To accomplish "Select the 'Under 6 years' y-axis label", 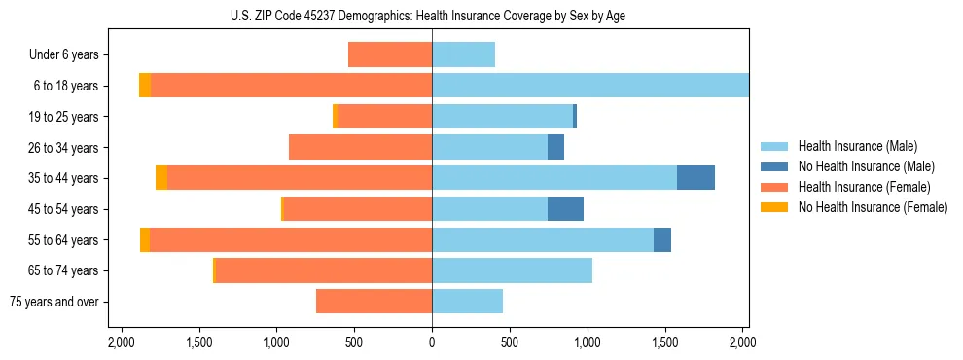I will (x=69, y=55).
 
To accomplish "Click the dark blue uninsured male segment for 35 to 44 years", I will (x=695, y=178).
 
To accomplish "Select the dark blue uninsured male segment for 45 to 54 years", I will (x=565, y=209).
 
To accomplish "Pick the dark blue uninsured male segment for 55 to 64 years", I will (x=661, y=240).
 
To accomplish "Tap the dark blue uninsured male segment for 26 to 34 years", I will (x=555, y=148).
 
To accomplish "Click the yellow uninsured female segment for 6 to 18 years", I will (x=145, y=86).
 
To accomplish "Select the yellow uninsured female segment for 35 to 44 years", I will (x=161, y=178).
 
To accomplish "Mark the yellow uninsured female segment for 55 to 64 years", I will (x=145, y=240).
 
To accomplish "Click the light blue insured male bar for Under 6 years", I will (x=463, y=55).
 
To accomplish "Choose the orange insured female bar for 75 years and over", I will (x=374, y=302).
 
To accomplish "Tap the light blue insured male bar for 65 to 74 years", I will (x=512, y=270).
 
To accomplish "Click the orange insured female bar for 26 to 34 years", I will (x=360, y=148).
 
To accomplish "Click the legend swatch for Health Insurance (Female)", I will (x=774, y=187).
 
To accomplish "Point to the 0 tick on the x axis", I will (x=432, y=342).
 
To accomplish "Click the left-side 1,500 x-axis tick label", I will (x=198, y=342).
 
